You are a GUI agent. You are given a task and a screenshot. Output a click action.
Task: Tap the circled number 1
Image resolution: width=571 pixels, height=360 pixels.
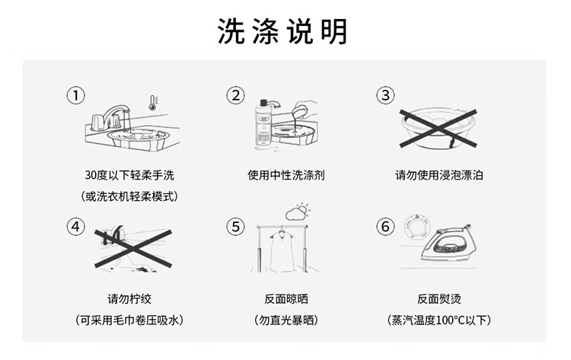coord(75,95)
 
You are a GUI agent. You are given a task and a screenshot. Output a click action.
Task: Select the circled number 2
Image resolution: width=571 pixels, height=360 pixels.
coord(236,95)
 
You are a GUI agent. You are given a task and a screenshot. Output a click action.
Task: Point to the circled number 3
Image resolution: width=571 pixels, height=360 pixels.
coord(386,95)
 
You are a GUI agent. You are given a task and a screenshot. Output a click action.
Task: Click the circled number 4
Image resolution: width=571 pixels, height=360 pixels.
coord(75,226)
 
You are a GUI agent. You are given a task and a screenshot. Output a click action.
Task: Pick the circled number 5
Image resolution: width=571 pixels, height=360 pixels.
coord(236,226)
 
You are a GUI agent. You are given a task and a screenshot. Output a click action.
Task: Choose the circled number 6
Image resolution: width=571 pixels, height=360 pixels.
coord(386,226)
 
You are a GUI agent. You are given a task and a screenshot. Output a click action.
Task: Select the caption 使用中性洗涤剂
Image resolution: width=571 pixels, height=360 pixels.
coord(286,175)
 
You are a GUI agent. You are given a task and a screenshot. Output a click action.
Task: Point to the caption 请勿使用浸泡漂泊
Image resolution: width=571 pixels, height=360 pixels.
coord(439,175)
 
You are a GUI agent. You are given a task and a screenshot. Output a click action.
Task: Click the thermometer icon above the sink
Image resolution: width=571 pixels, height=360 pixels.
coord(154,102)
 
